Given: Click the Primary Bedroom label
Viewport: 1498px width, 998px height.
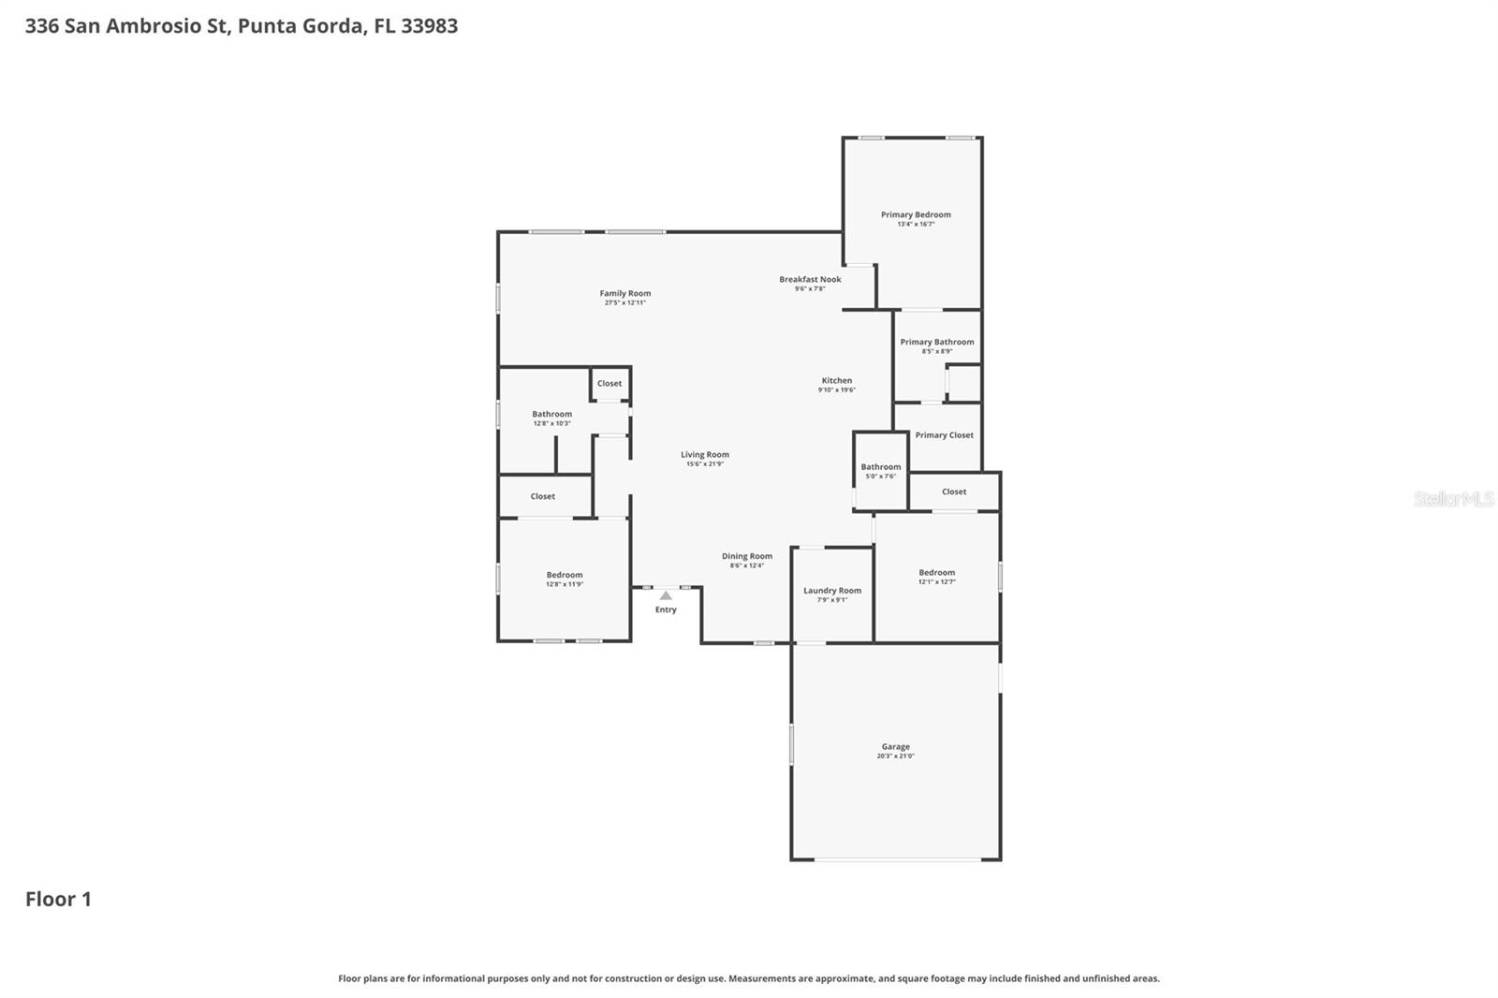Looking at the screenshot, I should tap(916, 214).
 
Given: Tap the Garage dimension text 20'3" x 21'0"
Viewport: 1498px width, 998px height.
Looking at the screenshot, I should tap(895, 756).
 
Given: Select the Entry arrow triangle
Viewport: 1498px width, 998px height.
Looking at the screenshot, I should tap(666, 595).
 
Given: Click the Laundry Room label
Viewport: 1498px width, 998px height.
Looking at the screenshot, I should tap(831, 591).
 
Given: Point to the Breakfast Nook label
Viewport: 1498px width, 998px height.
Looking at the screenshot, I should tap(810, 279).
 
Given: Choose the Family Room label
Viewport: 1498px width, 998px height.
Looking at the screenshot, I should tap(625, 293).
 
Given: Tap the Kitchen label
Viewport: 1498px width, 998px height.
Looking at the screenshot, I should tap(836, 380).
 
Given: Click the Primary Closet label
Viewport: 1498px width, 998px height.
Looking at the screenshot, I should tap(944, 435).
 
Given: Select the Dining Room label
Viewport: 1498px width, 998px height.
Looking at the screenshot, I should tap(746, 556).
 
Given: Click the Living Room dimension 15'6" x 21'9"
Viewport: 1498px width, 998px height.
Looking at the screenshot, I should tap(704, 464).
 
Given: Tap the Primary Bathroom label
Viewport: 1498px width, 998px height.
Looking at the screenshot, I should tap(936, 342).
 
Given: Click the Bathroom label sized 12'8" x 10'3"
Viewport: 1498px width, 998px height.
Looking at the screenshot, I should tap(551, 414).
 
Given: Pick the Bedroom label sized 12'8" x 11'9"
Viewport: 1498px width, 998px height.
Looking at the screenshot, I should tap(565, 575).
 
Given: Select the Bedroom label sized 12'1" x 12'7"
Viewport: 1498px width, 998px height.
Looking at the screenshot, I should tap(936, 572).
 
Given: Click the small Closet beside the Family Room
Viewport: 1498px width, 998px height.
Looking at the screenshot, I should tap(609, 383).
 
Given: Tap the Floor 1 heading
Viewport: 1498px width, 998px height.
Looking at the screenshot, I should tap(58, 899).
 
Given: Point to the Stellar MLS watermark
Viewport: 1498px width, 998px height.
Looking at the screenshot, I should tap(1453, 499).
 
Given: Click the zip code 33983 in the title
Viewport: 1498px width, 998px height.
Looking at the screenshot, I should tap(429, 25).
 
